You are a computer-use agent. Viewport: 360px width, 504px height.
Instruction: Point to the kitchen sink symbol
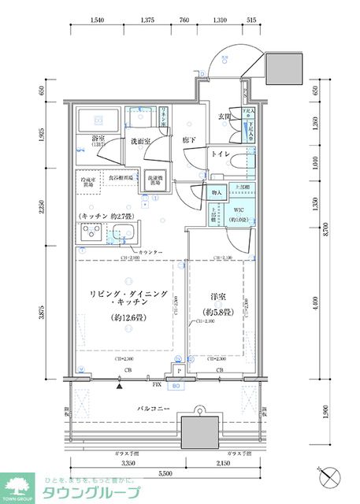[124, 234]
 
